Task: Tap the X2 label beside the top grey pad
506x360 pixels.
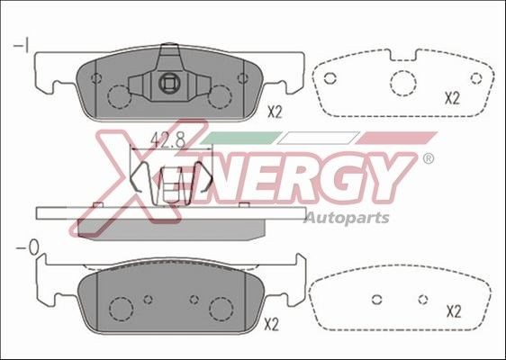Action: pyautogui.click(x=276, y=112)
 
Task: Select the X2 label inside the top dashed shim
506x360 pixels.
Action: pyautogui.click(x=453, y=98)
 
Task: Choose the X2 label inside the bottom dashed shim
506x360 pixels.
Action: pyautogui.click(x=453, y=311)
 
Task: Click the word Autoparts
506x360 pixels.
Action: pyautogui.click(x=346, y=217)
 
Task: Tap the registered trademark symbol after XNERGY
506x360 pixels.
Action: pyautogui.click(x=428, y=159)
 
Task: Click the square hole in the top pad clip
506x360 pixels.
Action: pyautogui.click(x=167, y=85)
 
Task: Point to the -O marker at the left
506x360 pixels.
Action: pyautogui.click(x=26, y=246)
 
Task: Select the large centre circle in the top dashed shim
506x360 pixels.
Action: pyautogui.click(x=402, y=80)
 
